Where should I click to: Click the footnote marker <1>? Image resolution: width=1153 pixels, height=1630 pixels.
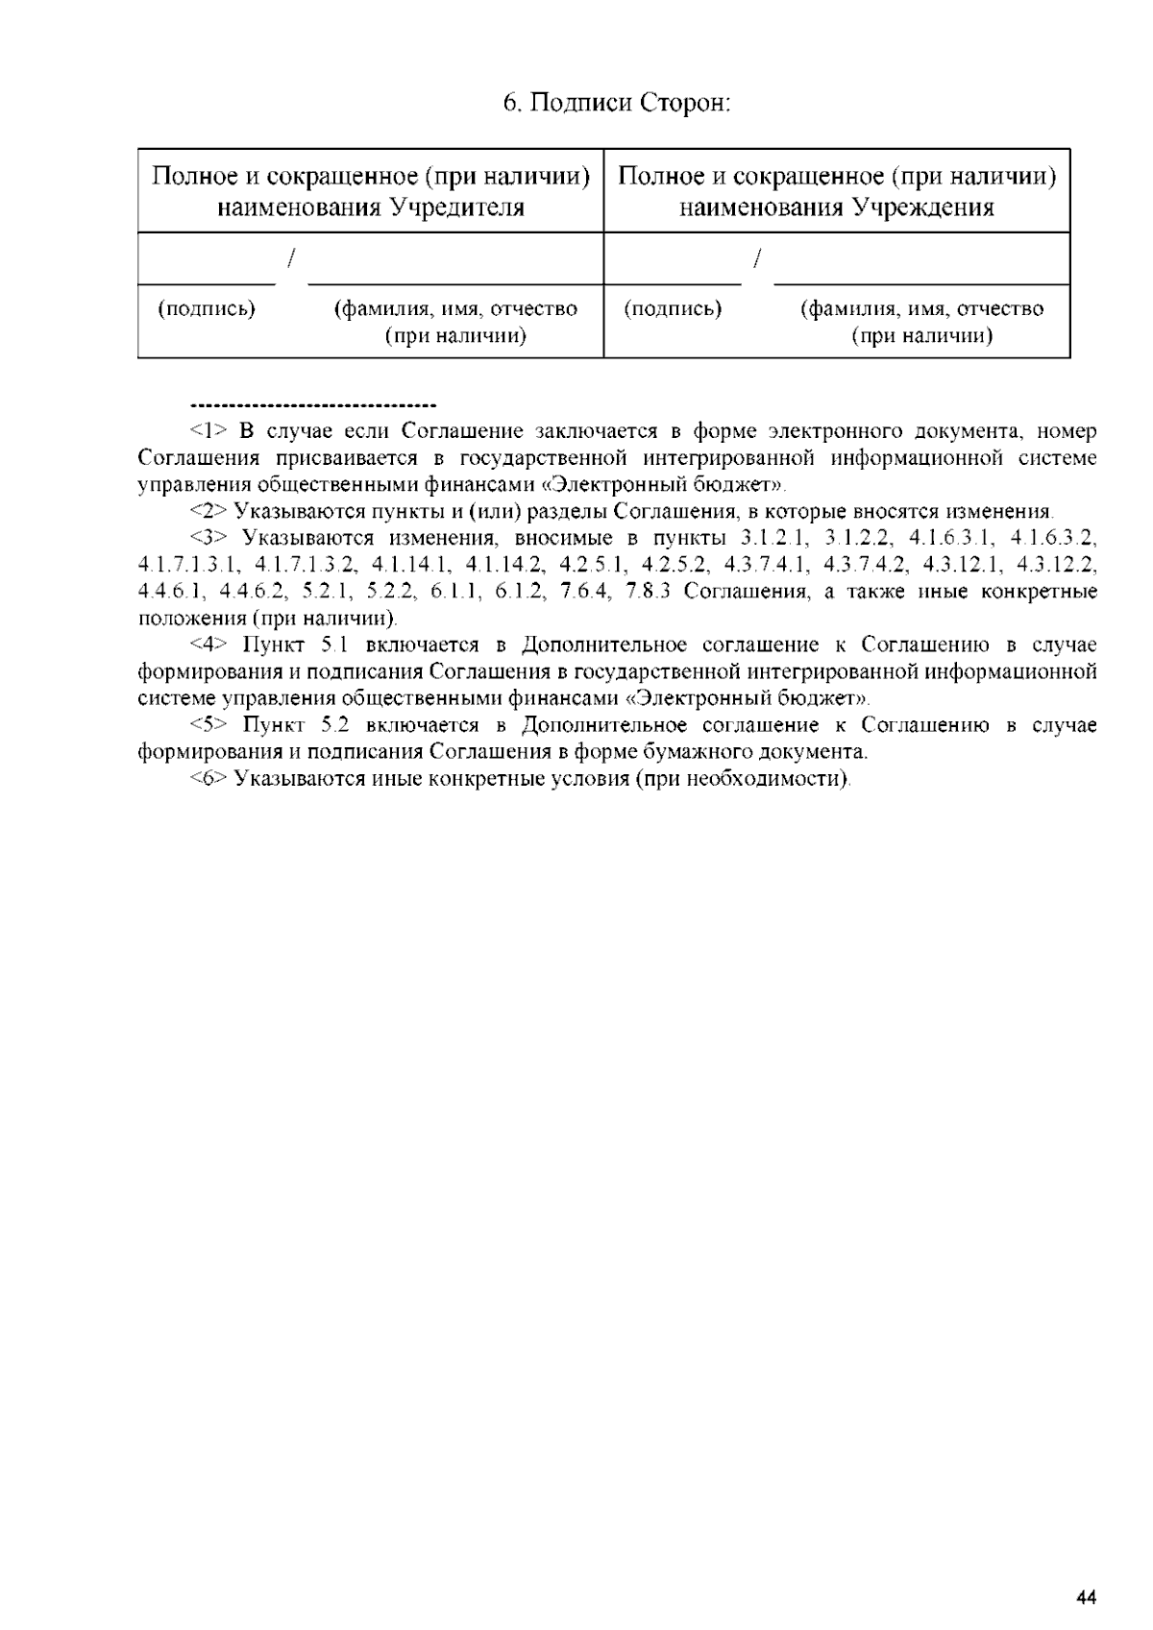click(x=208, y=431)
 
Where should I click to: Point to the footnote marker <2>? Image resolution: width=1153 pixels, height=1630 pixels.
click(x=208, y=511)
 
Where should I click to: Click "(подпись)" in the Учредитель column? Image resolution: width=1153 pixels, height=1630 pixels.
click(x=207, y=309)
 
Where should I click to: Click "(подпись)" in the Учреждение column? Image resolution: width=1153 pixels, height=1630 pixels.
click(x=673, y=309)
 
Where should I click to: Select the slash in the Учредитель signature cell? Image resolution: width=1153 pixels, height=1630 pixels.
click(x=291, y=257)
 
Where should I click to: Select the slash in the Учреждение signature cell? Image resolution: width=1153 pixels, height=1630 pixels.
click(x=758, y=257)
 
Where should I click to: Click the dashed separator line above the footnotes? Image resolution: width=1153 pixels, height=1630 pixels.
click(x=314, y=404)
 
